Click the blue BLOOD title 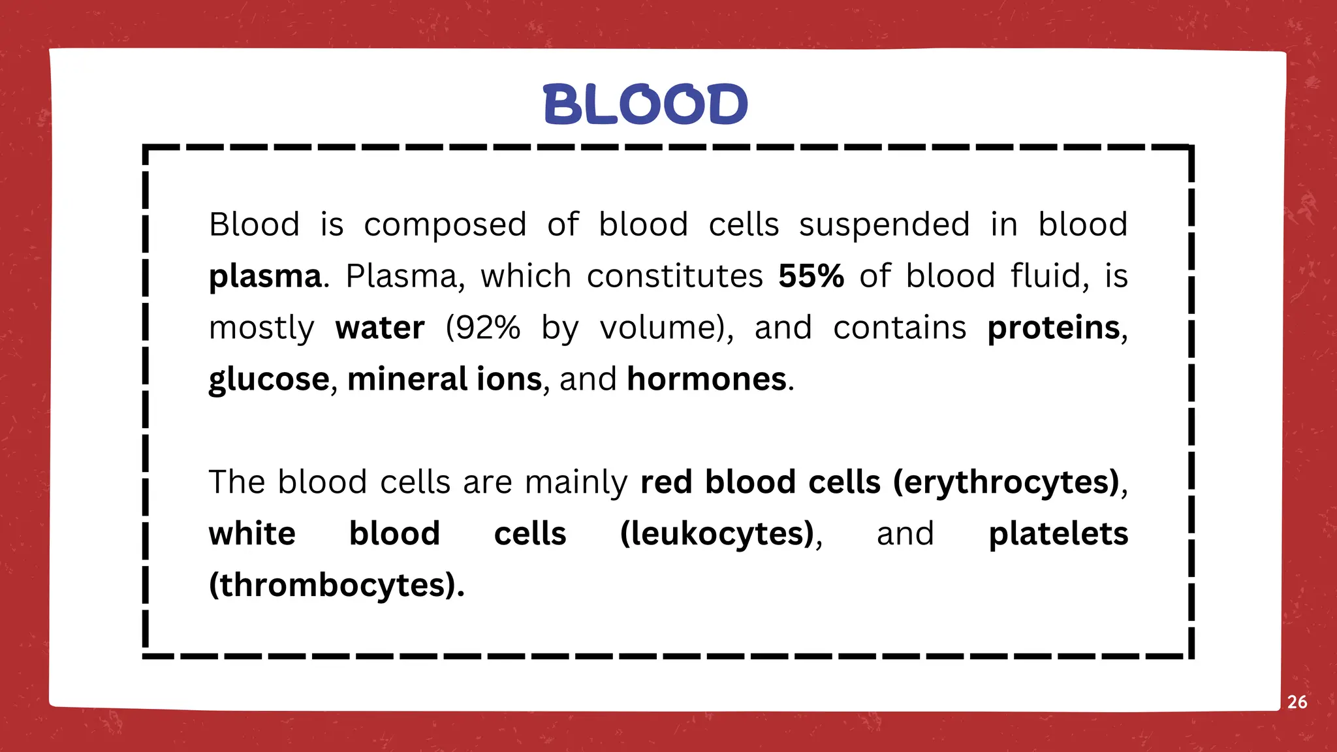pyautogui.click(x=645, y=104)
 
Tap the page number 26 pyautogui.click(x=1297, y=702)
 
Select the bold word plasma pyautogui.click(x=265, y=277)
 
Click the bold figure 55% pyautogui.click(x=811, y=275)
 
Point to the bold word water pyautogui.click(x=380, y=328)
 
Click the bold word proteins pyautogui.click(x=1053, y=328)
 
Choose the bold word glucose pyautogui.click(x=269, y=380)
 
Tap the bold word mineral pyautogui.click(x=407, y=379)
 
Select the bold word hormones pyautogui.click(x=706, y=379)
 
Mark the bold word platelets pyautogui.click(x=1058, y=534)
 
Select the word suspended pyautogui.click(x=885, y=225)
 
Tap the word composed pyautogui.click(x=445, y=225)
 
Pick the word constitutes pyautogui.click(x=675, y=275)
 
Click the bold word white pyautogui.click(x=252, y=534)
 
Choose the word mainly pyautogui.click(x=576, y=483)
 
